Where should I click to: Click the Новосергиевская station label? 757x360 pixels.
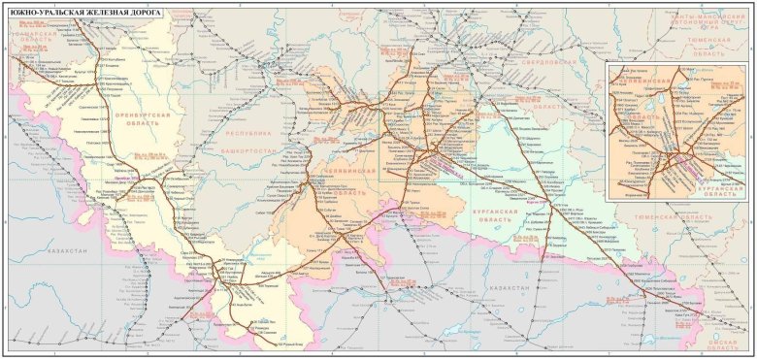point(82,130)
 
